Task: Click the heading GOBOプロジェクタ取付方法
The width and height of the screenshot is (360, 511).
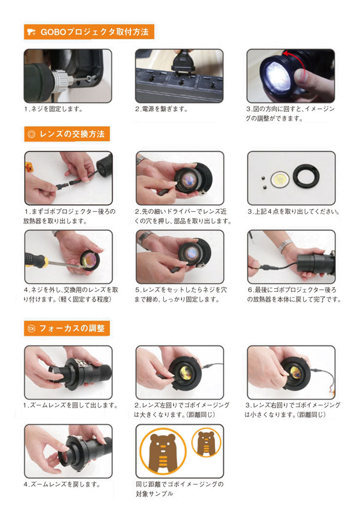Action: [94, 32]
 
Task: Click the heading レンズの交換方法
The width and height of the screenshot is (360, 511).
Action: [72, 134]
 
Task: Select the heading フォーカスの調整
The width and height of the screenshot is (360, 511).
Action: [72, 328]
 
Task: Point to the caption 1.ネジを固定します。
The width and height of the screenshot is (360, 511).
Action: [53, 109]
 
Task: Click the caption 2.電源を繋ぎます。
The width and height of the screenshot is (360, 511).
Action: [161, 109]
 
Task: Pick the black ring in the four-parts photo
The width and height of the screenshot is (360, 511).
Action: [306, 176]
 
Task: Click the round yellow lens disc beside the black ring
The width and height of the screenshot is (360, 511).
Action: [280, 179]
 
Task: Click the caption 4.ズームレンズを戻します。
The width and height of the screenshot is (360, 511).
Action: [62, 484]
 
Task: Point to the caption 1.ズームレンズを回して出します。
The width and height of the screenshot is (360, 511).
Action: [71, 405]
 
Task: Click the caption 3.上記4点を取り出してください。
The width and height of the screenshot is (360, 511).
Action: [293, 212]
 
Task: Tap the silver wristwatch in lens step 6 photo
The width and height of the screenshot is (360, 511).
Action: [286, 245]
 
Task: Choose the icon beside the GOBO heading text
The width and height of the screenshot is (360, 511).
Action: [31, 32]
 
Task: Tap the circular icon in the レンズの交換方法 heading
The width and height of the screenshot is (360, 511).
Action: [31, 134]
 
